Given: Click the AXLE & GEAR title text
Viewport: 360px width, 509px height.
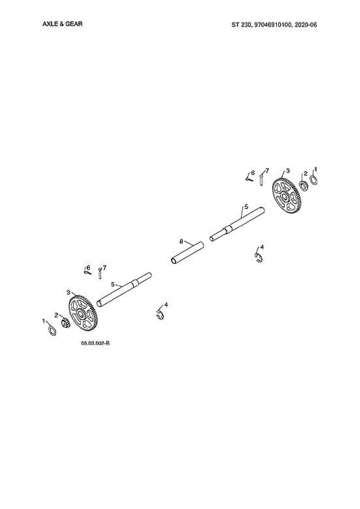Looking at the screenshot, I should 62,24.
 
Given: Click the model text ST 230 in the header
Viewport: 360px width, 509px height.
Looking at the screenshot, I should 241,25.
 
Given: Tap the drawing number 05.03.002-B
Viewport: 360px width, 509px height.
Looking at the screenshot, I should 95,343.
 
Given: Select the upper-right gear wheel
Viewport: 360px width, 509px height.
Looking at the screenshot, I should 287,196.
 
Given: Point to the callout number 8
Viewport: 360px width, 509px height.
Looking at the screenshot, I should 181,241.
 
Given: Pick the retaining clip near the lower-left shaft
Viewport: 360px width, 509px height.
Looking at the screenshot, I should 160,315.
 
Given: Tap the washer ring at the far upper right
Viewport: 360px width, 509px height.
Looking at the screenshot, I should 314,180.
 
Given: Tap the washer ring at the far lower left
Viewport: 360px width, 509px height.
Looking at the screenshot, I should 51,331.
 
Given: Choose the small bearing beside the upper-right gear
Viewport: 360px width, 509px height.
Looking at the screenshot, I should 303,185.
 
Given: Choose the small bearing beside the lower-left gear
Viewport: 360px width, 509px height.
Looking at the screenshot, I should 65,324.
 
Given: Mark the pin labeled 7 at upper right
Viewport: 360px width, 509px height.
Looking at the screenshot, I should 262,179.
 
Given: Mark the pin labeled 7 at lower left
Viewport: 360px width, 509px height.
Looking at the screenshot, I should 100,274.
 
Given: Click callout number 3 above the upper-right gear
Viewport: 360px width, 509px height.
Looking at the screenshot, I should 288,170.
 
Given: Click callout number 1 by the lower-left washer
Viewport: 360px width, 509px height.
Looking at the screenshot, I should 43,322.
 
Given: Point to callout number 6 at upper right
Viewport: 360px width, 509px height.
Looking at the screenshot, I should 253,173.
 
